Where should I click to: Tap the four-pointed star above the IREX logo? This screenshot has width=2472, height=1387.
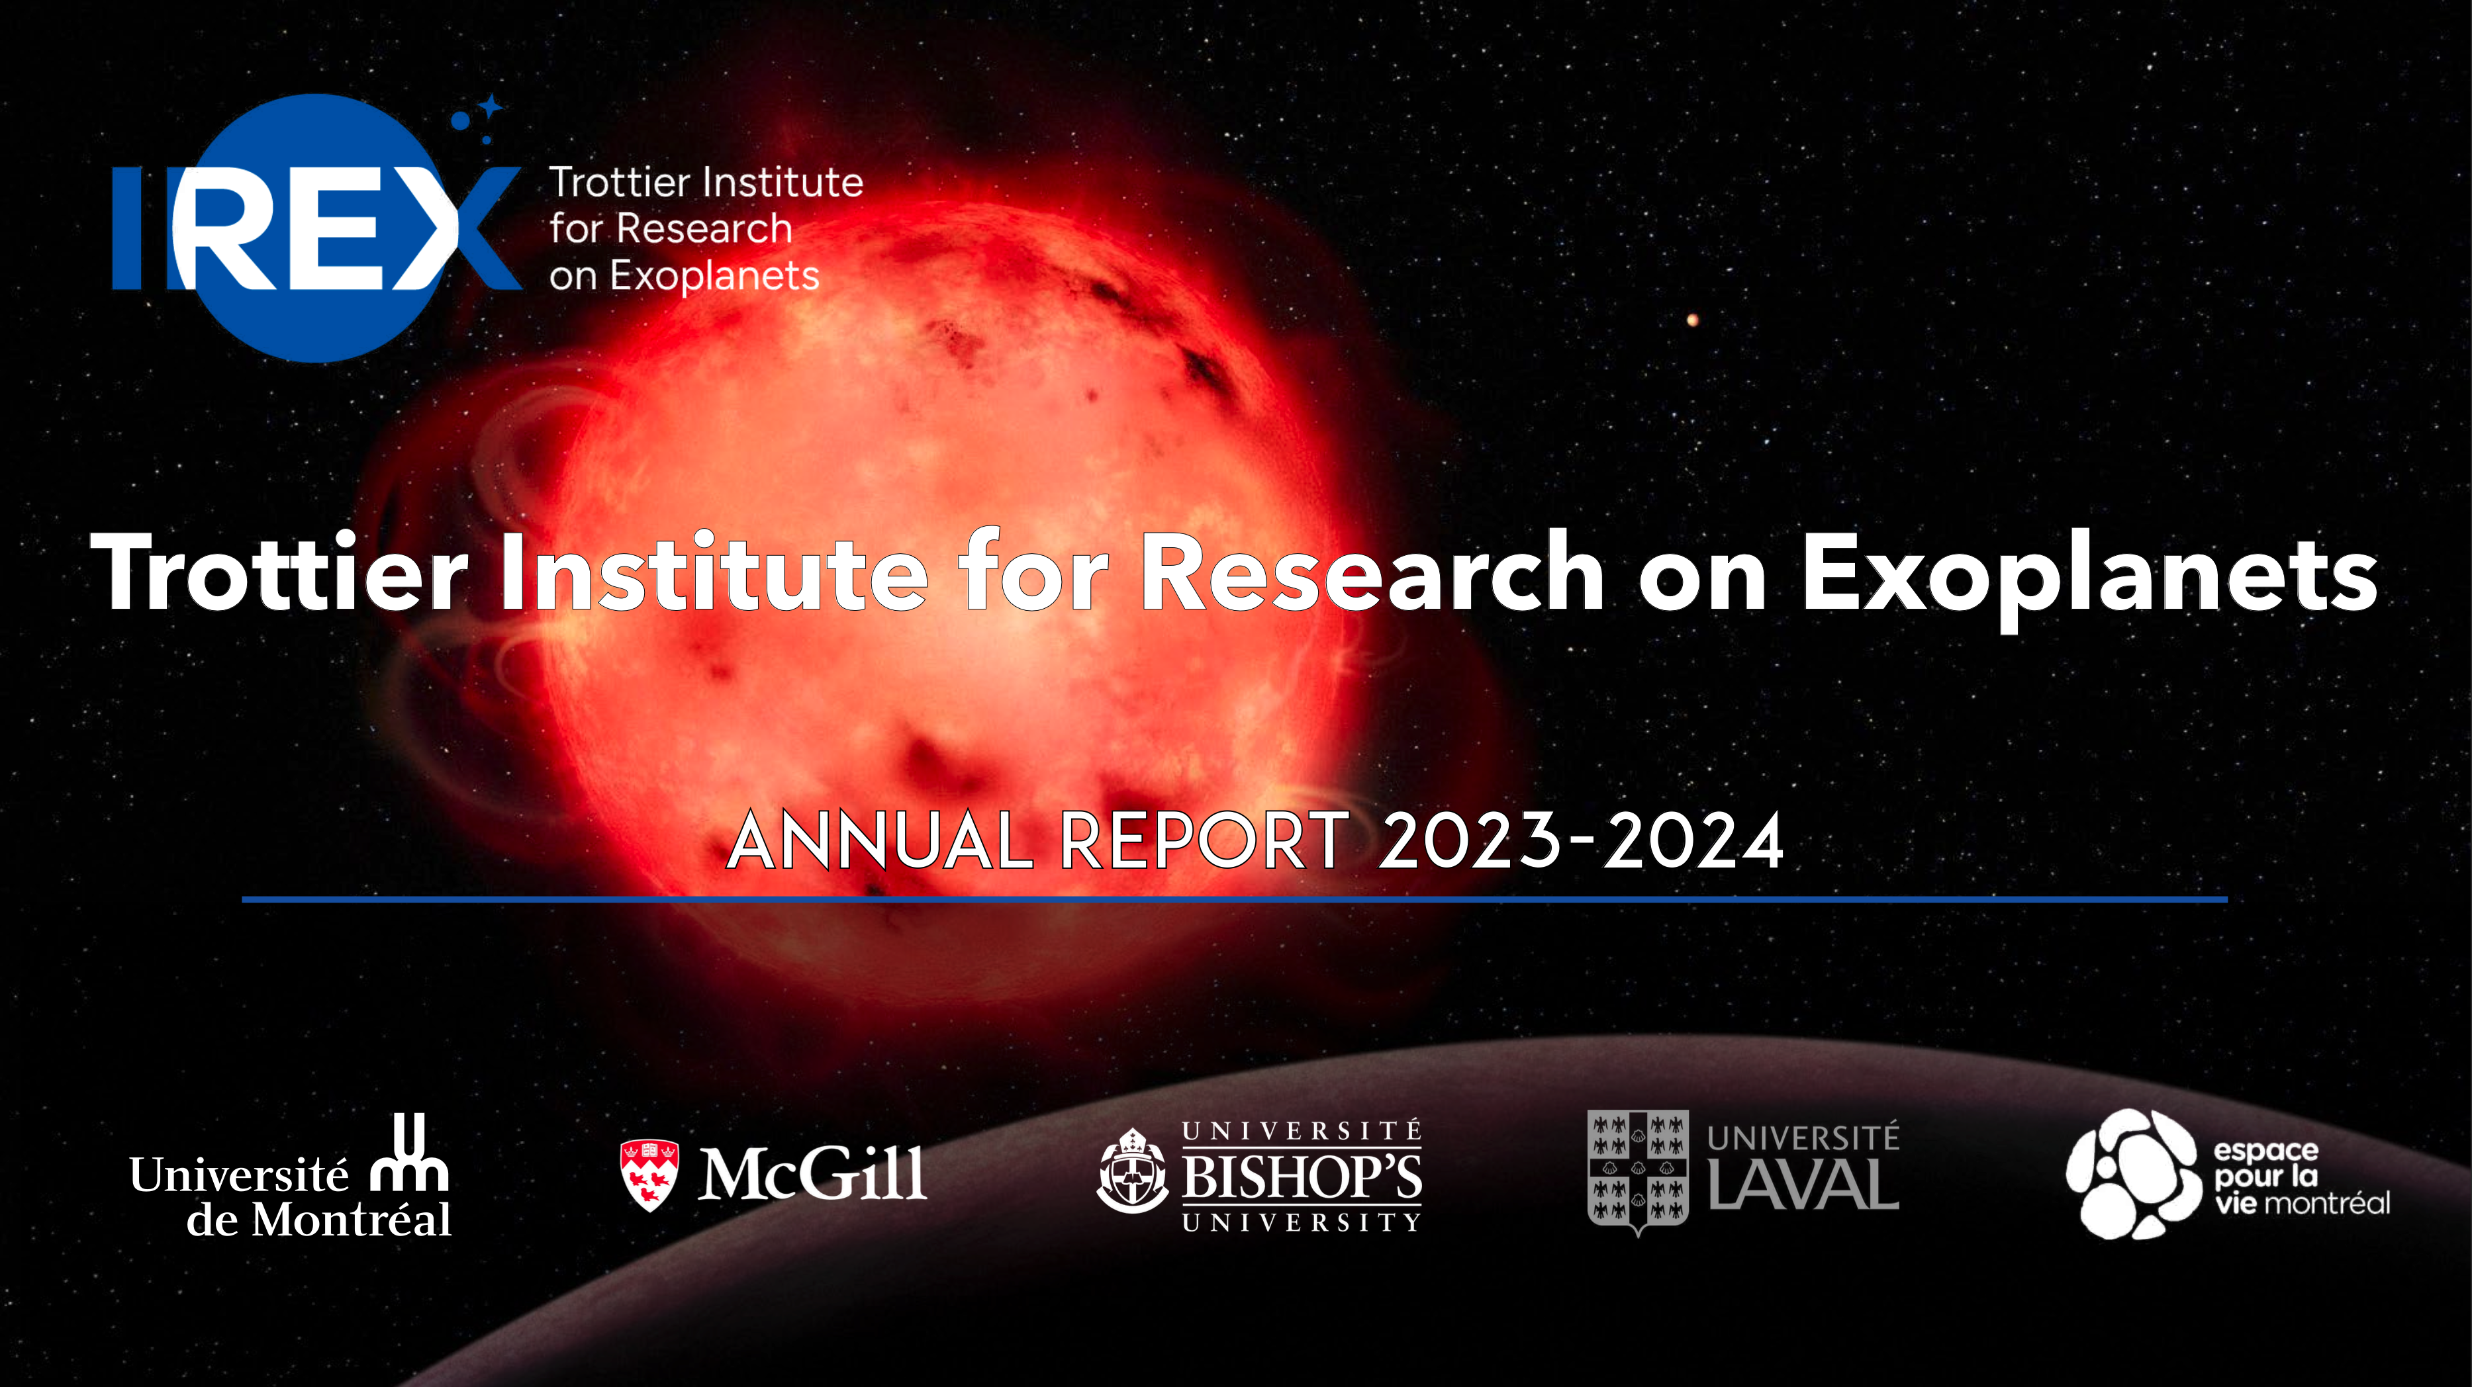[491, 107]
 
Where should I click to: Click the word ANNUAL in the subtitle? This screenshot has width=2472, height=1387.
[878, 840]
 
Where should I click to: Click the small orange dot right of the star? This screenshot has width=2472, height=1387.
[1693, 320]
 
